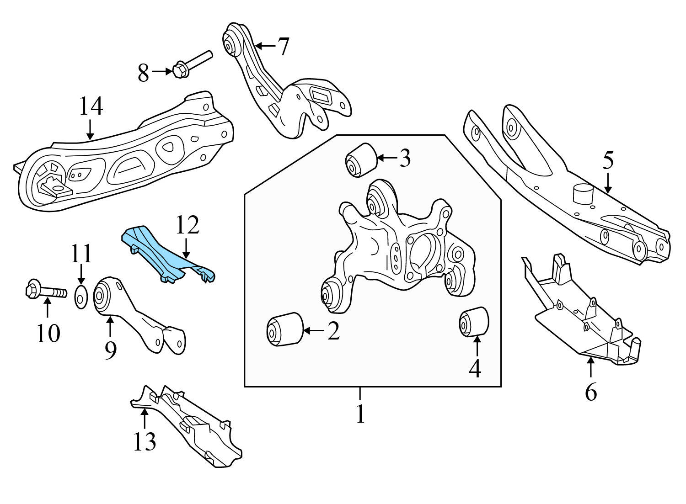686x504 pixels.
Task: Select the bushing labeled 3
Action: pyautogui.click(x=360, y=159)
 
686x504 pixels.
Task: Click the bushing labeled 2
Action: pyautogui.click(x=284, y=329)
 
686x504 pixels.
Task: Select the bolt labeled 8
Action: pyautogui.click(x=192, y=64)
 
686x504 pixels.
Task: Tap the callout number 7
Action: pyautogui.click(x=284, y=46)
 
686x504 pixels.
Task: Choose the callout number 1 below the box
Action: pyautogui.click(x=360, y=413)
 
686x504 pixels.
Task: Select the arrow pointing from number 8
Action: pyautogui.click(x=161, y=72)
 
